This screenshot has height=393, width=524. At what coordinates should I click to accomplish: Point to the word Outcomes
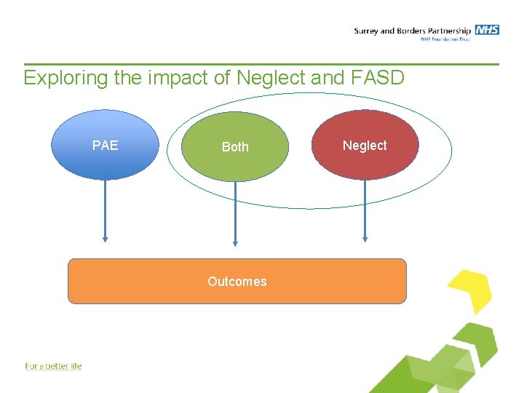[237, 282]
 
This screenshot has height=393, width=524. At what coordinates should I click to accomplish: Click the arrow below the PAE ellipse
[106, 211]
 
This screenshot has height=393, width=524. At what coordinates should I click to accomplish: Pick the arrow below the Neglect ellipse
[365, 211]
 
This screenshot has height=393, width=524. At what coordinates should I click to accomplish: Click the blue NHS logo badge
[487, 30]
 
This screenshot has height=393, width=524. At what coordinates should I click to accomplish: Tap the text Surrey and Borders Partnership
[412, 31]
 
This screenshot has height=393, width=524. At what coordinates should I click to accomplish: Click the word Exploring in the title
[65, 79]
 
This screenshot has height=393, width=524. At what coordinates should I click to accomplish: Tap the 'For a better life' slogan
[53, 366]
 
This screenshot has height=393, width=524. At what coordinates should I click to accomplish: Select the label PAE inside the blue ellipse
[106, 145]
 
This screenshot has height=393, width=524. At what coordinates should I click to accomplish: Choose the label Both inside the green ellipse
[235, 147]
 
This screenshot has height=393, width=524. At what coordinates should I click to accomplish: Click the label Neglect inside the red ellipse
[365, 146]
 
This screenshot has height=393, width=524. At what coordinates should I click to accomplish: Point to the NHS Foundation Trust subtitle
[445, 39]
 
